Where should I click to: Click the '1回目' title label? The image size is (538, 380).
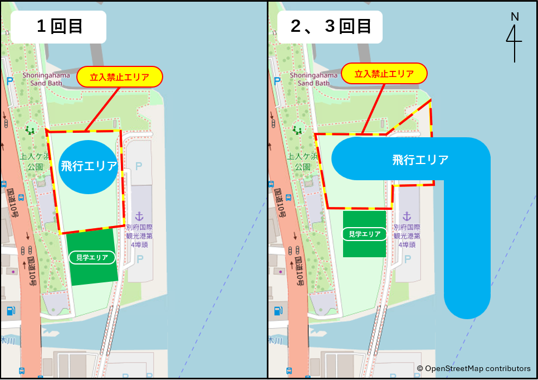(58, 26)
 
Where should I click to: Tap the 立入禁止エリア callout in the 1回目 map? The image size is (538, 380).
(120, 76)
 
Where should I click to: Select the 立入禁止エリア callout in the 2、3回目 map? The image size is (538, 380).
(384, 73)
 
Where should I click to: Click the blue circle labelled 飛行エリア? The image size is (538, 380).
(89, 166)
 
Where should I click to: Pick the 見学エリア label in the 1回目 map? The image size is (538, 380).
(92, 257)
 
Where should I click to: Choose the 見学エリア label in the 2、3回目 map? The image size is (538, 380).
(365, 234)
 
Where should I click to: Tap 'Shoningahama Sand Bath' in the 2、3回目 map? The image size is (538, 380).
(314, 79)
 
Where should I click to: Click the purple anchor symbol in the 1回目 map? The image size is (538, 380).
(139, 216)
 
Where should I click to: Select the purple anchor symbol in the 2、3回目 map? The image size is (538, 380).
(407, 216)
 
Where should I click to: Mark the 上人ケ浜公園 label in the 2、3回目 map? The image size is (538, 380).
(302, 162)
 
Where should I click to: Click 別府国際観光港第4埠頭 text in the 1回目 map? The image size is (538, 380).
(139, 235)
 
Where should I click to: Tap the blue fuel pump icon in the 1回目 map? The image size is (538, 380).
(10, 311)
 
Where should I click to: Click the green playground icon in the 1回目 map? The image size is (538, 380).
(30, 130)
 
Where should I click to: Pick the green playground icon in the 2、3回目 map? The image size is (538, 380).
(297, 130)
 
